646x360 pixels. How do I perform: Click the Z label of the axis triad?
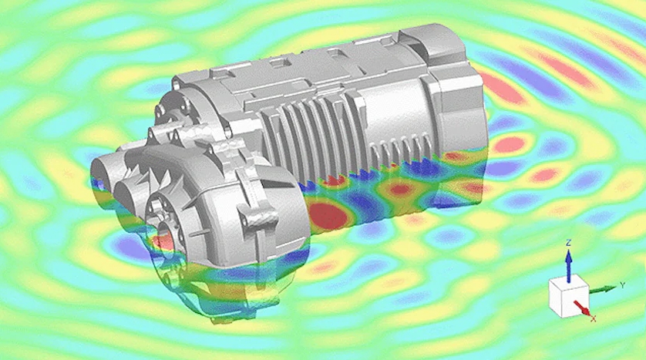click(x=569, y=243)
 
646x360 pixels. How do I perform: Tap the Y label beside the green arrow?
click(x=623, y=285)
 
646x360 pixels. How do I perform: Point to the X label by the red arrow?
click(x=594, y=318)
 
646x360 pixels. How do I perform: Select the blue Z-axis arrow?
click(x=569, y=265)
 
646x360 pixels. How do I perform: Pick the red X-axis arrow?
click(x=582, y=308)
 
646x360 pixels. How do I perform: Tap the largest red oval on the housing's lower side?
click(x=328, y=214)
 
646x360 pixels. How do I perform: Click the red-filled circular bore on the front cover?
click(x=166, y=242)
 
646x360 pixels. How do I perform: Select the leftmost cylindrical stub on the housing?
click(x=104, y=178)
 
